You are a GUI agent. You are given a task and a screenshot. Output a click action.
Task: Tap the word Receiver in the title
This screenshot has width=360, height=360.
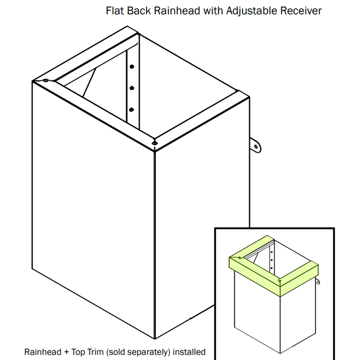pos(301,11)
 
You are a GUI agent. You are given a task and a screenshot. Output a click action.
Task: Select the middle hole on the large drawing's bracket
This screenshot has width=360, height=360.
pos(131,88)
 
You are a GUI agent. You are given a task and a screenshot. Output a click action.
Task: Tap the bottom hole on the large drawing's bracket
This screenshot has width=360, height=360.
pos(131,110)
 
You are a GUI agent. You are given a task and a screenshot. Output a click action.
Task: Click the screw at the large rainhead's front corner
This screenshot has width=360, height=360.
pos(154,143)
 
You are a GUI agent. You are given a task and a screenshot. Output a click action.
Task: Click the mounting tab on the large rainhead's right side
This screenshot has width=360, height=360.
pos(256,145)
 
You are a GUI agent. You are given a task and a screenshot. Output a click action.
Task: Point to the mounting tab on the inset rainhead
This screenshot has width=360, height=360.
pos(317,282)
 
